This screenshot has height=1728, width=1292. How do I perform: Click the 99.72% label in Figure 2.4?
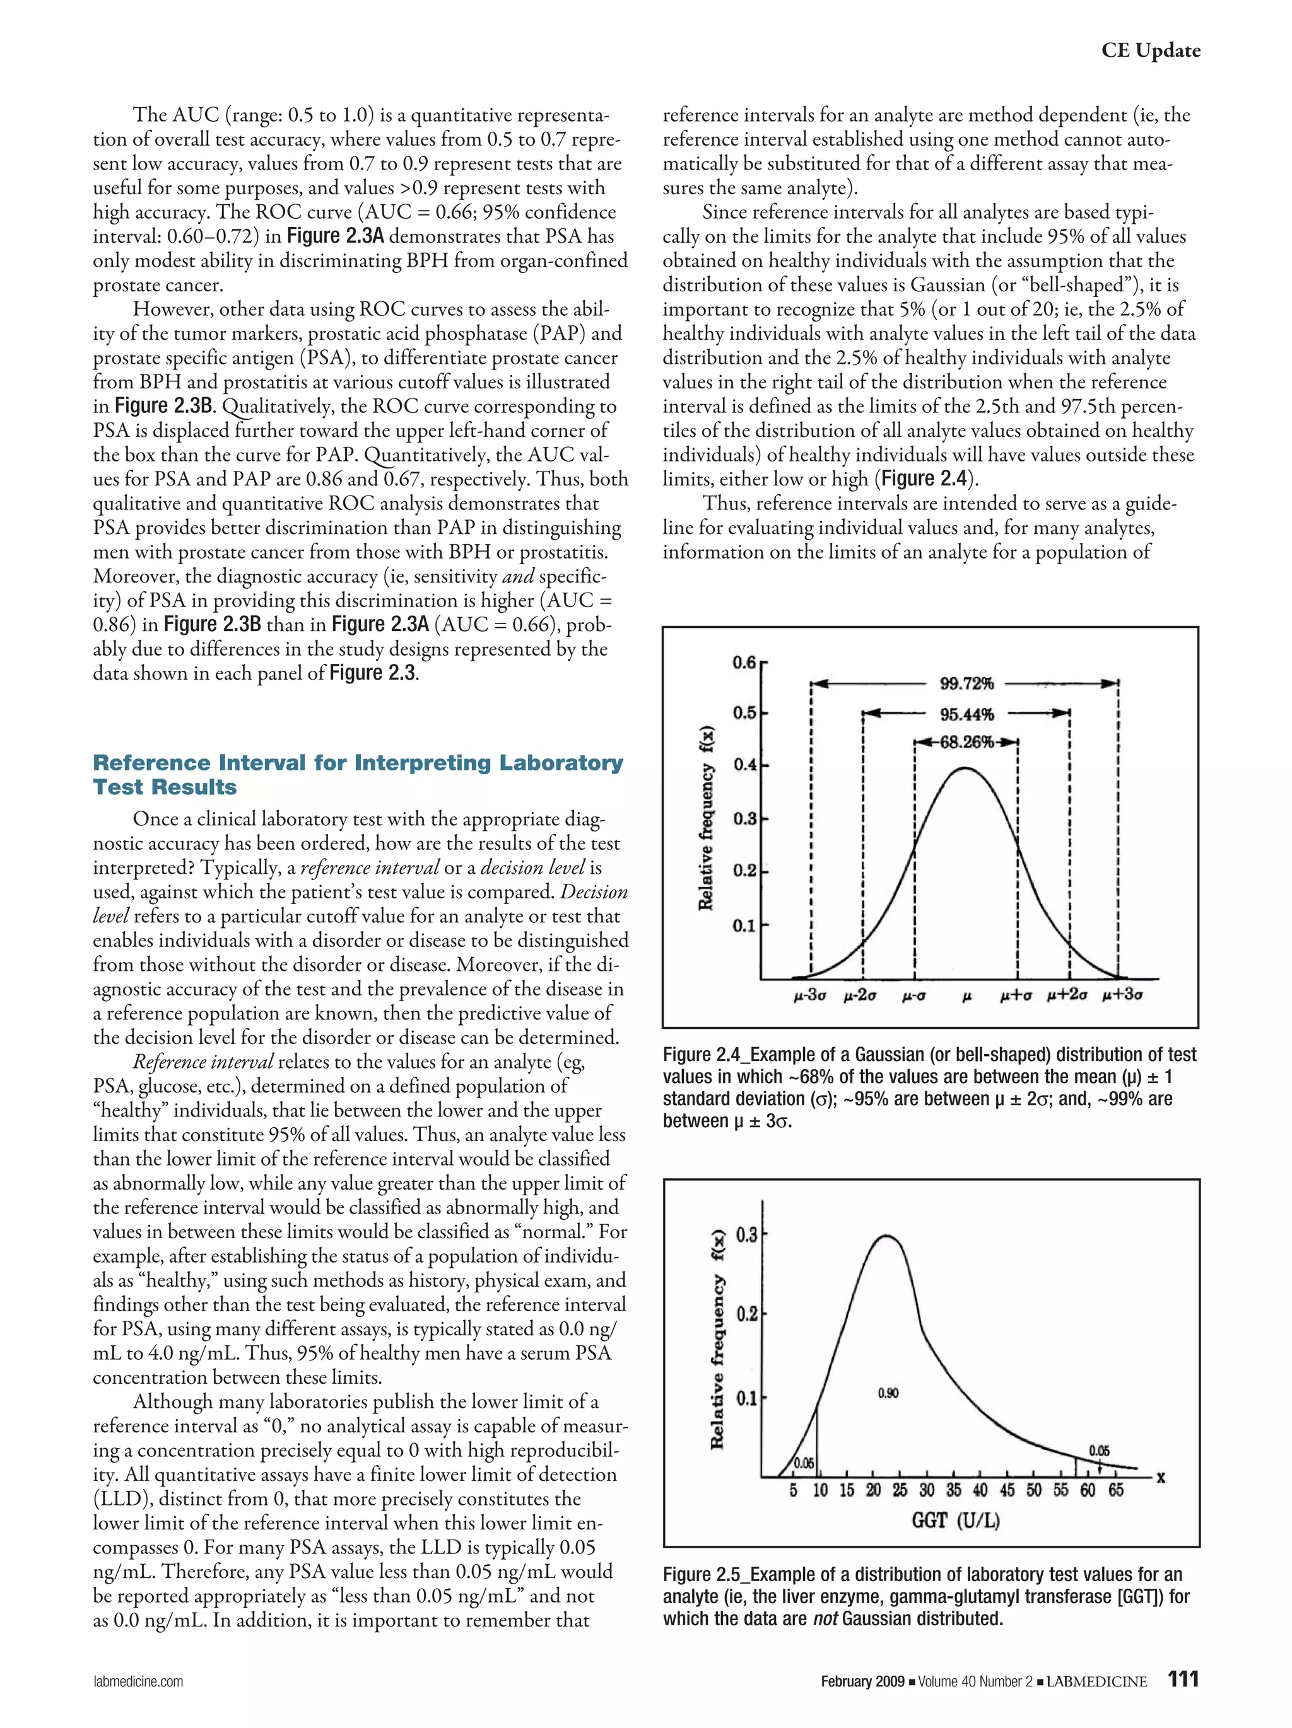(x=966, y=684)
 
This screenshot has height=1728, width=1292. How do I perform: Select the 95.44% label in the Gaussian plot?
(x=966, y=714)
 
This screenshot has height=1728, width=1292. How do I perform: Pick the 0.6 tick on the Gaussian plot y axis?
(x=743, y=663)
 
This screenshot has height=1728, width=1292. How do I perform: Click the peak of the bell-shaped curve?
(x=966, y=768)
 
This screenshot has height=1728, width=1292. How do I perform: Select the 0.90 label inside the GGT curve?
(x=888, y=1393)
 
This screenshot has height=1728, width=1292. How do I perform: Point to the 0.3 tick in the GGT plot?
(x=746, y=1235)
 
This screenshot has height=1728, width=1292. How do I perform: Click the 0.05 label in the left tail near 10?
(x=804, y=1463)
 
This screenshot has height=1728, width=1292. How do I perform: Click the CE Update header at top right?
(x=1151, y=51)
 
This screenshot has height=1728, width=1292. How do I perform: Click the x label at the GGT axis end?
(x=1161, y=1477)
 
